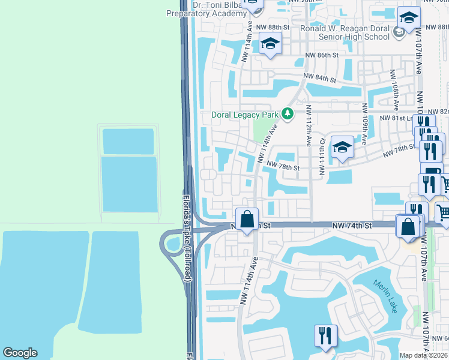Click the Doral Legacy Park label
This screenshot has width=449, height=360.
click(x=246, y=115)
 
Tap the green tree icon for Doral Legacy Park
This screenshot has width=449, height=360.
click(x=288, y=113)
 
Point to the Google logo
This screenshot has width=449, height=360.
click(x=20, y=353)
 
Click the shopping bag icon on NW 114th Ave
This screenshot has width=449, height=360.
click(x=247, y=220)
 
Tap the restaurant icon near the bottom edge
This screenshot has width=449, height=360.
click(x=325, y=336)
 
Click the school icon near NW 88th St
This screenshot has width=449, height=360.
click(x=270, y=44)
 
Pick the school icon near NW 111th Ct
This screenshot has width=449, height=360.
click(x=342, y=147)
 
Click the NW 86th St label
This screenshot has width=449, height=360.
click(x=328, y=55)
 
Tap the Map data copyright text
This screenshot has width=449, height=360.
click(x=424, y=355)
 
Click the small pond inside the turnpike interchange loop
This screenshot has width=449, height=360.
click(x=173, y=244)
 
